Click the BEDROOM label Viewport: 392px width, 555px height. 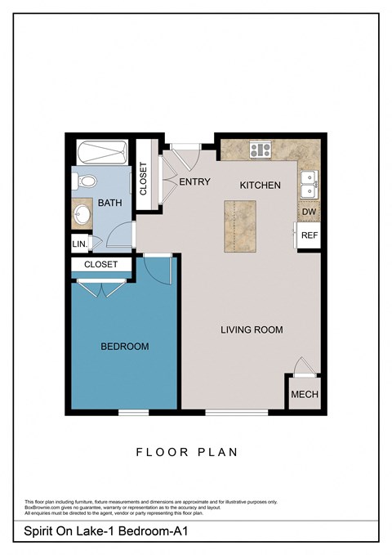[124, 347]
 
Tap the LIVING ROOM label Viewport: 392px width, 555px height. [252, 330]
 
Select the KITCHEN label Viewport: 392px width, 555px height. [260, 186]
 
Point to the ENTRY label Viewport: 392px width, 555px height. [194, 182]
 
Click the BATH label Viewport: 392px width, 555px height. [110, 202]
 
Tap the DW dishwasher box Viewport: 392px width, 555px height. [309, 212]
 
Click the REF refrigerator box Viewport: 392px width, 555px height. [309, 235]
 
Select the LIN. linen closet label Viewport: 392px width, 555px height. [79, 244]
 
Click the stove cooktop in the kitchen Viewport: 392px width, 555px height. [261, 150]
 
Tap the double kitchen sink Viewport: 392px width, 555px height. [308, 186]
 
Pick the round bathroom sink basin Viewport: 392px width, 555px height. [82, 215]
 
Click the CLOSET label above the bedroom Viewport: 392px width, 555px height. [101, 265]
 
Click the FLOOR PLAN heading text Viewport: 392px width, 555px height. [195, 451]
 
